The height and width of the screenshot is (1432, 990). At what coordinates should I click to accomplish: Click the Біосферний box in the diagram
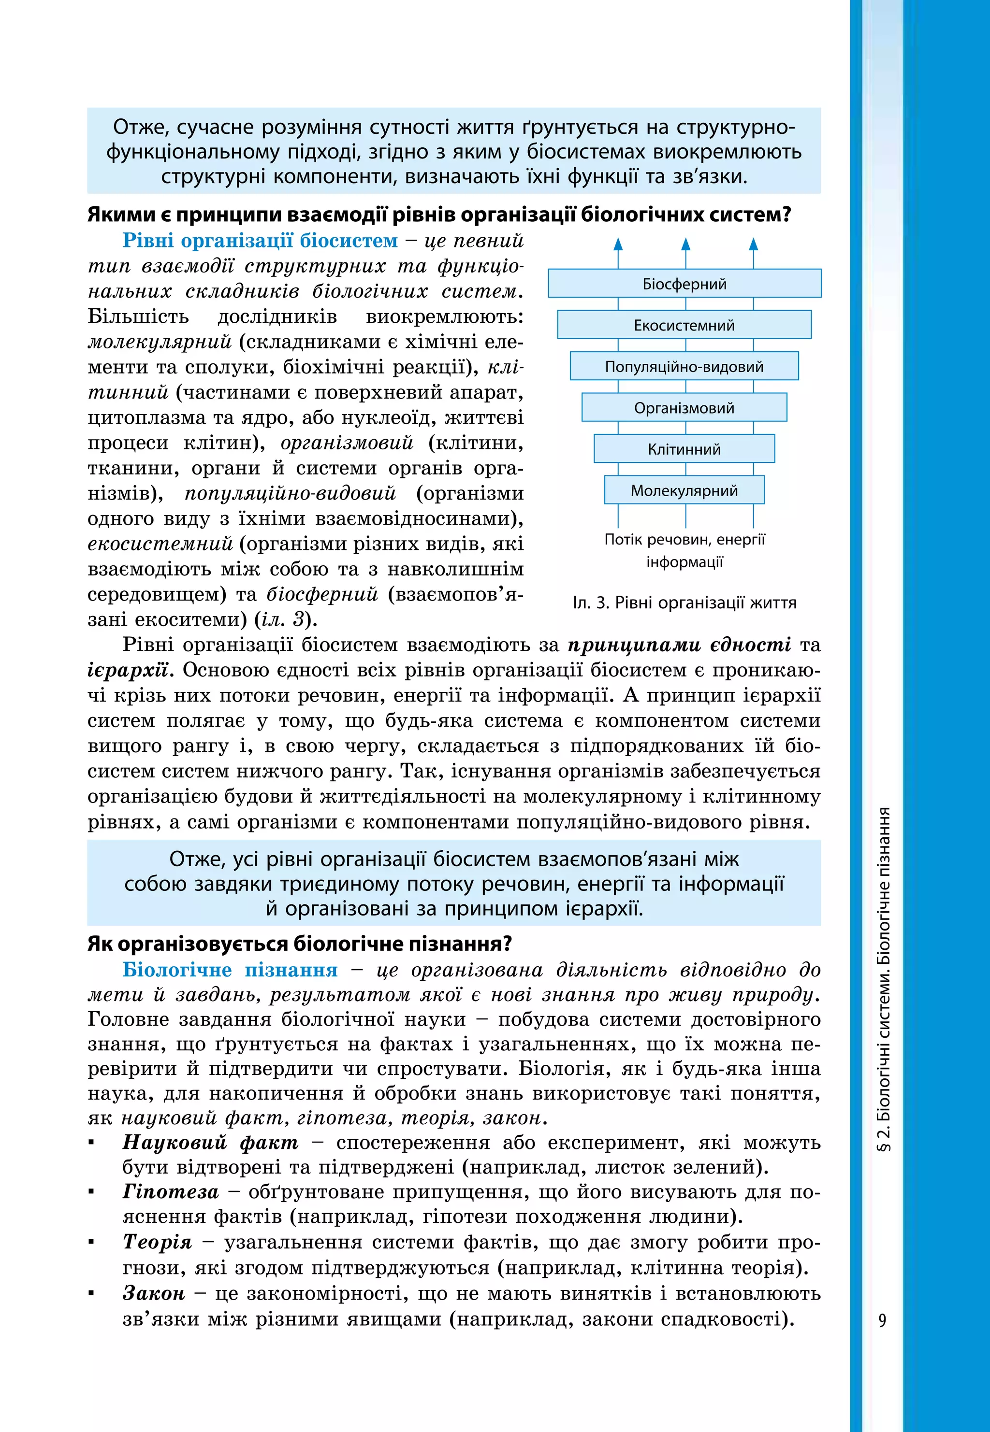click(684, 283)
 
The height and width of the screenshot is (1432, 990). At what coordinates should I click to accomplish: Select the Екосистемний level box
click(684, 325)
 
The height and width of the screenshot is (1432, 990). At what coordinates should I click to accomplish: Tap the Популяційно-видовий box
click(684, 366)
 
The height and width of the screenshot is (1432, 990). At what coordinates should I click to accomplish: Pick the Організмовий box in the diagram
click(684, 408)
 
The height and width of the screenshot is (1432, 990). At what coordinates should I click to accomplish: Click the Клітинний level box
click(684, 449)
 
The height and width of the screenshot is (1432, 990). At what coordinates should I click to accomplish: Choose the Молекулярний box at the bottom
click(684, 490)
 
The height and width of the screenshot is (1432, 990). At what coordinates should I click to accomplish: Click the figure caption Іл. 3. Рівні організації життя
click(684, 602)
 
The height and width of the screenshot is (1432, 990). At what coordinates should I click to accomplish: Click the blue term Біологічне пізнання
click(230, 970)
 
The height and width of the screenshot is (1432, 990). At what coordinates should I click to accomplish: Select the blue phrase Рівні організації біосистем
click(260, 241)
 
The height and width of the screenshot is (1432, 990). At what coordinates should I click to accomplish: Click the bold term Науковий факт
click(210, 1142)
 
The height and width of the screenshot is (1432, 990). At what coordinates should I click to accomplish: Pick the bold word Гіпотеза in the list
click(171, 1191)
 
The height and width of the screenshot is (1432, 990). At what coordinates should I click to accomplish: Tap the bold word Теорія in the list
click(157, 1242)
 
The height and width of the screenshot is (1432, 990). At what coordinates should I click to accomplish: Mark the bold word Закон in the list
click(154, 1293)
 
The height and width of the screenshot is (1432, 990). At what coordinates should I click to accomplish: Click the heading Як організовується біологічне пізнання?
click(300, 944)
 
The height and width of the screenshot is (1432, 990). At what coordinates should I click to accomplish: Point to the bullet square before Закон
click(92, 1294)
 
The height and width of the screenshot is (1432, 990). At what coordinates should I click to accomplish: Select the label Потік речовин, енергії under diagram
click(684, 539)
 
